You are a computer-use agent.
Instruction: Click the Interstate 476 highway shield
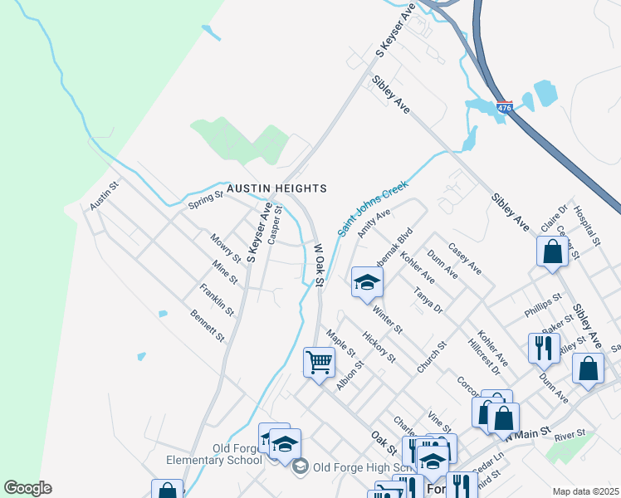coord(504,108)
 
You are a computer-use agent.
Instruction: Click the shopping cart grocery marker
coord(319,363)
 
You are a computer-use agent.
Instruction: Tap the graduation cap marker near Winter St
coord(367,282)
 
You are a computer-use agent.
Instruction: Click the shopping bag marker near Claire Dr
coord(552,251)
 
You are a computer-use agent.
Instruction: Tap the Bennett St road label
coord(208,326)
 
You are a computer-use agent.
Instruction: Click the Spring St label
coord(206,200)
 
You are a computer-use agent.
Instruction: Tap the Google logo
coord(27,488)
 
